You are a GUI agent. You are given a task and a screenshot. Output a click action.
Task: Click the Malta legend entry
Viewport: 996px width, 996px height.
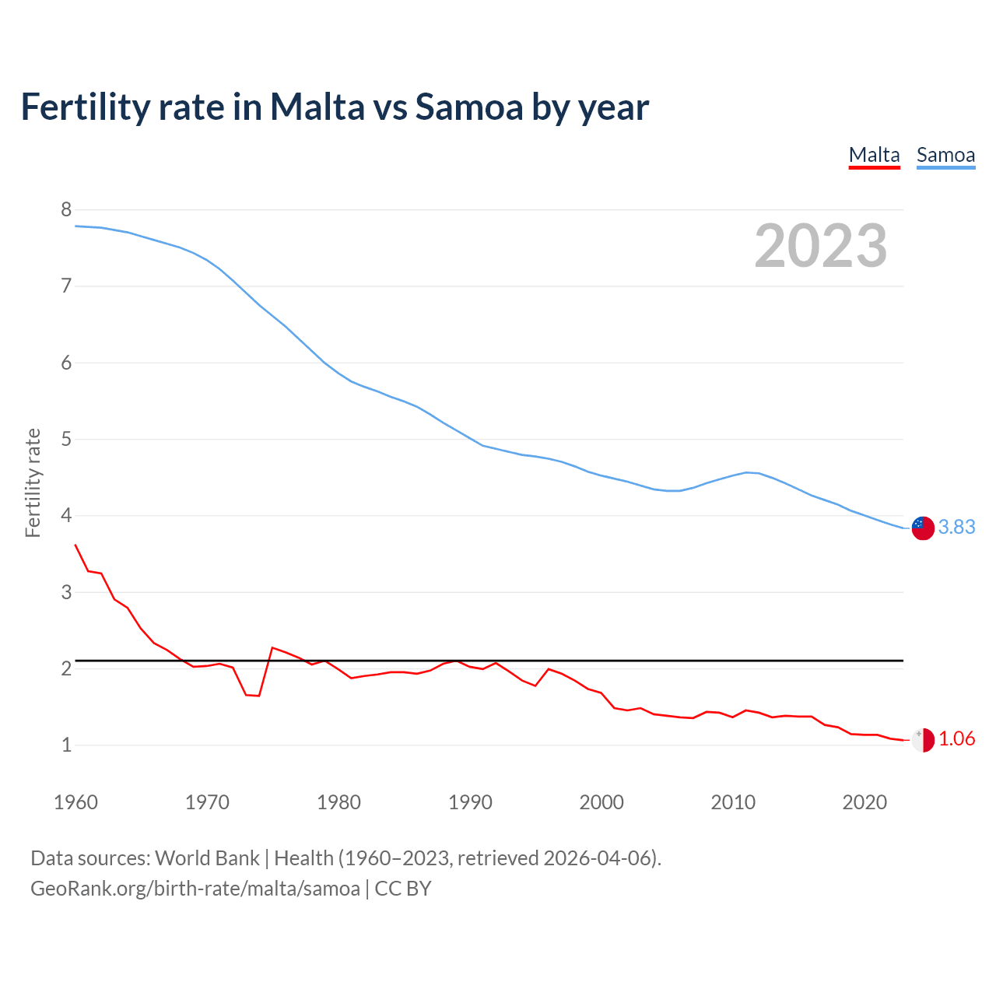[874, 155]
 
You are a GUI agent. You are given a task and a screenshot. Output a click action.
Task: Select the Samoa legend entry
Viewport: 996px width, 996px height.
[945, 155]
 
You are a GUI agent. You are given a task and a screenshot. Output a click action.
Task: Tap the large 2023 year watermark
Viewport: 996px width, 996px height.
[821, 246]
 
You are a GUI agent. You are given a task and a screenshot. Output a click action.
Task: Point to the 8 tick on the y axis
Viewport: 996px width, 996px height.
[66, 209]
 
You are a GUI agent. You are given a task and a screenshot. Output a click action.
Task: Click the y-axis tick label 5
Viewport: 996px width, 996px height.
[66, 439]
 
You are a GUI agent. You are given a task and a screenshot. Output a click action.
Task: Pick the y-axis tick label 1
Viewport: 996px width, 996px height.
[66, 745]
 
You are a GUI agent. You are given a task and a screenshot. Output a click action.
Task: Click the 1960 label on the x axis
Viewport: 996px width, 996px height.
[75, 802]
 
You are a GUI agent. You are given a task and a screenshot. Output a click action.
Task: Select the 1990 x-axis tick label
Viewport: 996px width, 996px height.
[470, 802]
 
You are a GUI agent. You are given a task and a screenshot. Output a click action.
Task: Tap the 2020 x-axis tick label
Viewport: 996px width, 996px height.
[864, 802]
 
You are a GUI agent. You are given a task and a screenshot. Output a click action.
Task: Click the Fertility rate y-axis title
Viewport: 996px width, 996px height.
[33, 482]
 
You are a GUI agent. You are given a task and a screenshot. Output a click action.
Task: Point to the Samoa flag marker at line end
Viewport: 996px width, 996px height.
[923, 528]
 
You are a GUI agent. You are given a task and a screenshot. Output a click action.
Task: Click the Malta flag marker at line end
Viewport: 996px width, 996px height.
[923, 740]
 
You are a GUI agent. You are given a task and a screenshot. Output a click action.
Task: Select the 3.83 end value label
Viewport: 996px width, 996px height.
[956, 528]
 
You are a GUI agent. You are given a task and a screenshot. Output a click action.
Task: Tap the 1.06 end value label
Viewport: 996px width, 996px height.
[956, 739]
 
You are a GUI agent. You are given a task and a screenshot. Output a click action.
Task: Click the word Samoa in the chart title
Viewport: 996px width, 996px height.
[469, 107]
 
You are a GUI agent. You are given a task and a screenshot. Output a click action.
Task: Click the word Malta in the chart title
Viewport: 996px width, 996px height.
[317, 107]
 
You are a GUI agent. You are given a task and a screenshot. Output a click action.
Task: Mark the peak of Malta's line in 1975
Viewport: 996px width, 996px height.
[272, 647]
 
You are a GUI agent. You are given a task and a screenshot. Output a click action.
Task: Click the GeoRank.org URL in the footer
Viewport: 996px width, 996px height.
[195, 889]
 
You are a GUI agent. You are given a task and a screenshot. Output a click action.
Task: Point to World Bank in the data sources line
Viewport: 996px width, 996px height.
[207, 858]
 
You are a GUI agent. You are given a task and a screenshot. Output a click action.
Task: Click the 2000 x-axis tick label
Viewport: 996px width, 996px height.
[601, 802]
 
